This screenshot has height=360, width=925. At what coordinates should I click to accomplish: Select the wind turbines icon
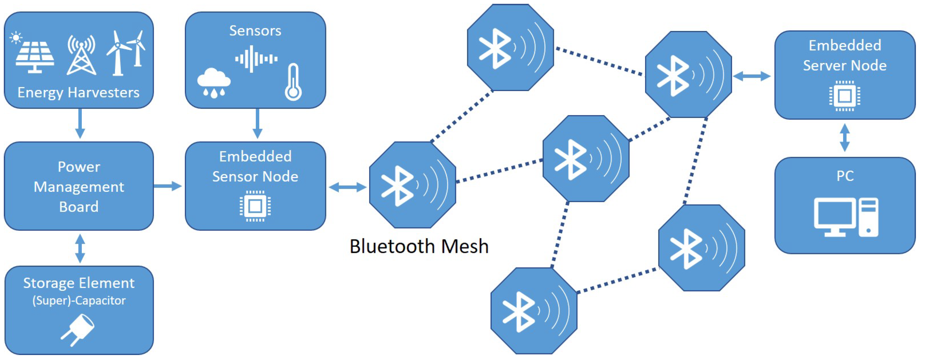coord(125,53)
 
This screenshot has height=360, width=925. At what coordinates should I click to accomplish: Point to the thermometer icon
coord(293,83)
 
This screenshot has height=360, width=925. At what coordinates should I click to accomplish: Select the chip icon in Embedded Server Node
coord(845,96)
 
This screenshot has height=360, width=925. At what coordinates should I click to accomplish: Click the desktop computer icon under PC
coord(846,217)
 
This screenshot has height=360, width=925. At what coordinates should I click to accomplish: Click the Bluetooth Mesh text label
coord(419,247)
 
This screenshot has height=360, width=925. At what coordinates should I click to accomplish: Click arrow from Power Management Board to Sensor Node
coord(167,186)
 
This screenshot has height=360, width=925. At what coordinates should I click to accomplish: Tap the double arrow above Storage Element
coord(80,248)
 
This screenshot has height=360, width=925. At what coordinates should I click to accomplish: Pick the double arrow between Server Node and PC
coord(845,138)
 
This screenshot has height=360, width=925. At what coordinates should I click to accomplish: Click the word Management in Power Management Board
coord(79,187)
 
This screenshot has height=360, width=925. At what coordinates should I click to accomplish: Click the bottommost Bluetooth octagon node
coord(534,311)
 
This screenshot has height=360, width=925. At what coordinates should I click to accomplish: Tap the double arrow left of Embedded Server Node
coord(752,76)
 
